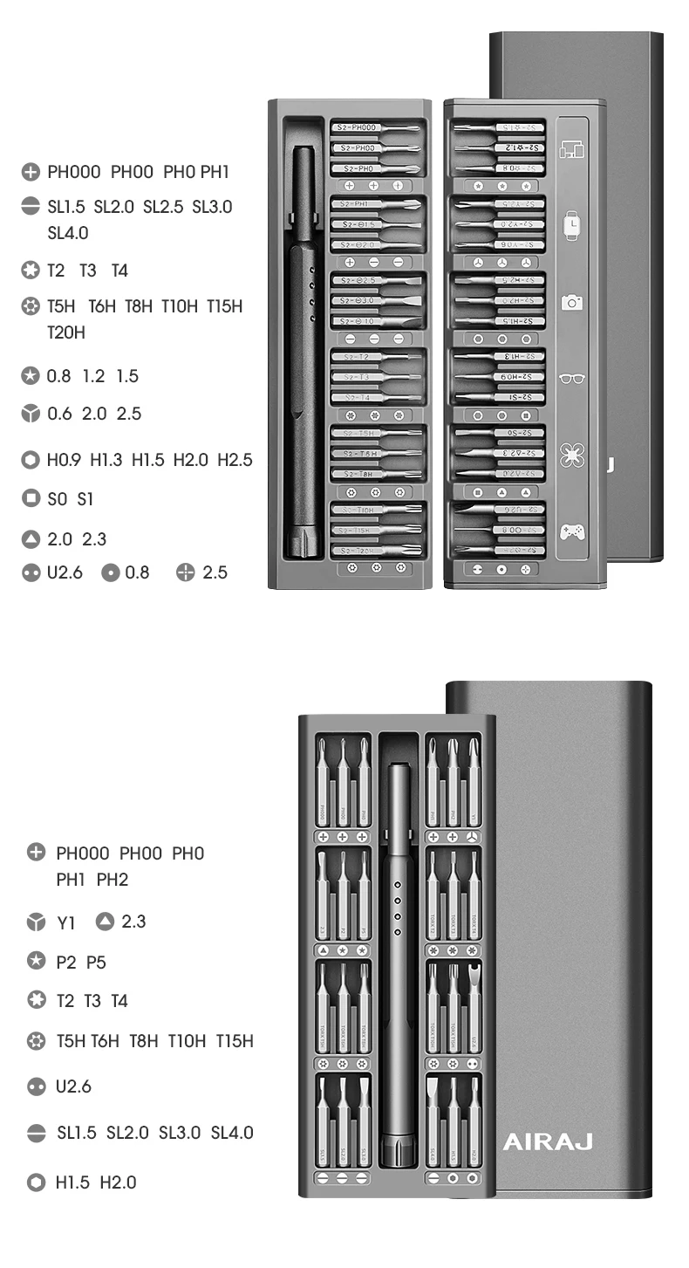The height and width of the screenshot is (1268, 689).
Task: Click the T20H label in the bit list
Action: tap(65, 332)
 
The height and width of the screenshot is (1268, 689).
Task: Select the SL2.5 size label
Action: tap(163, 207)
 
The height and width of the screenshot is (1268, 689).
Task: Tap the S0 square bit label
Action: tap(57, 499)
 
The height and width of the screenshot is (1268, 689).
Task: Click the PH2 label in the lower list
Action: tap(113, 880)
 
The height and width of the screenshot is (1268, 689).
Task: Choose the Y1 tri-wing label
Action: tap(66, 922)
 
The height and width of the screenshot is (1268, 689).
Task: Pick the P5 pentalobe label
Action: tap(96, 963)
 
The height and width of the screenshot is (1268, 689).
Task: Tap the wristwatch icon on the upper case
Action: tap(571, 226)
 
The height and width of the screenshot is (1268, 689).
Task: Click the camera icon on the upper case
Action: tap(571, 303)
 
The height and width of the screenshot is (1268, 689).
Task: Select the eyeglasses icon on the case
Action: tap(571, 379)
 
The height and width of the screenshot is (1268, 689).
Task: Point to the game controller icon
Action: tap(571, 531)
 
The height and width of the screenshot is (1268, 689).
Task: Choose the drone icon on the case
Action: tap(571, 455)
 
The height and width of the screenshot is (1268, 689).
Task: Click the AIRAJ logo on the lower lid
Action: tap(547, 1141)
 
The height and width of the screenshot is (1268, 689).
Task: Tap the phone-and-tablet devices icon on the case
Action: tap(571, 149)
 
